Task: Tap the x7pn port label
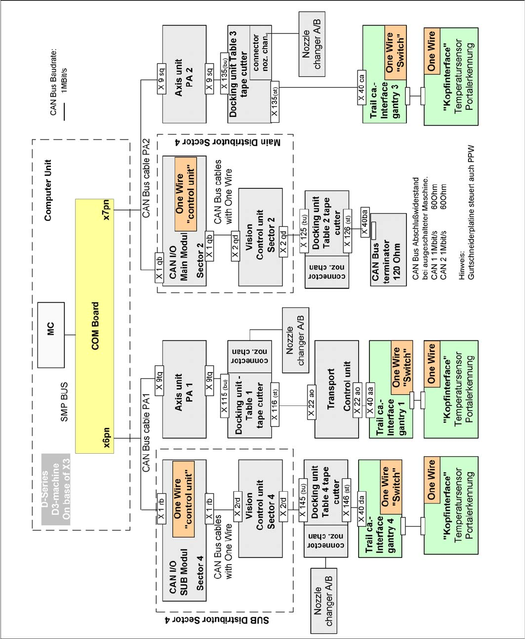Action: click(x=107, y=209)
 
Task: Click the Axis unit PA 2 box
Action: click(x=184, y=74)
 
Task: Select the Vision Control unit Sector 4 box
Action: click(x=260, y=509)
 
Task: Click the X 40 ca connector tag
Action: click(x=362, y=88)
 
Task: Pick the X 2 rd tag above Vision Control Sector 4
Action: click(x=236, y=503)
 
